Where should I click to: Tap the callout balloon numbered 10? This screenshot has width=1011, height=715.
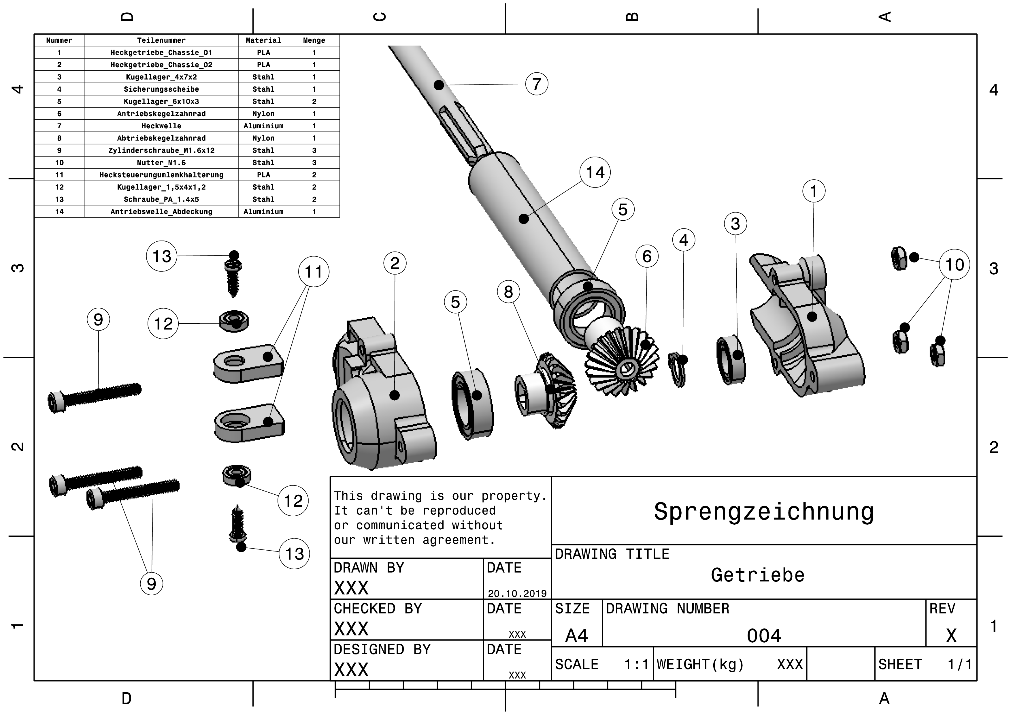tap(954, 265)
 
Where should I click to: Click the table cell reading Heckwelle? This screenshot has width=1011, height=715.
tap(161, 126)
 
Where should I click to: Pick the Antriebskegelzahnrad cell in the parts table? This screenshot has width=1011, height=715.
tap(161, 114)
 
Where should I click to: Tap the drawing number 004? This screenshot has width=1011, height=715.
tap(764, 636)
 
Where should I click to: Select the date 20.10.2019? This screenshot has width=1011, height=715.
tap(517, 593)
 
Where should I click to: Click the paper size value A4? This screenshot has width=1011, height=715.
tap(576, 636)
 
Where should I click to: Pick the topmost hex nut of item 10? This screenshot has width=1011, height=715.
tap(899, 258)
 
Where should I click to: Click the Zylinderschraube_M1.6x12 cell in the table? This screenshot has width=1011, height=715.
tap(161, 150)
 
